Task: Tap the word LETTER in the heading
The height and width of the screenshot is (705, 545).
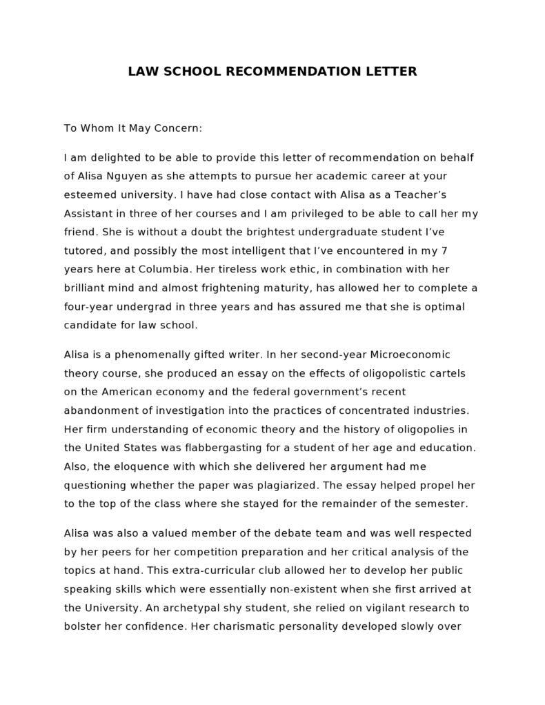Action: (x=392, y=72)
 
